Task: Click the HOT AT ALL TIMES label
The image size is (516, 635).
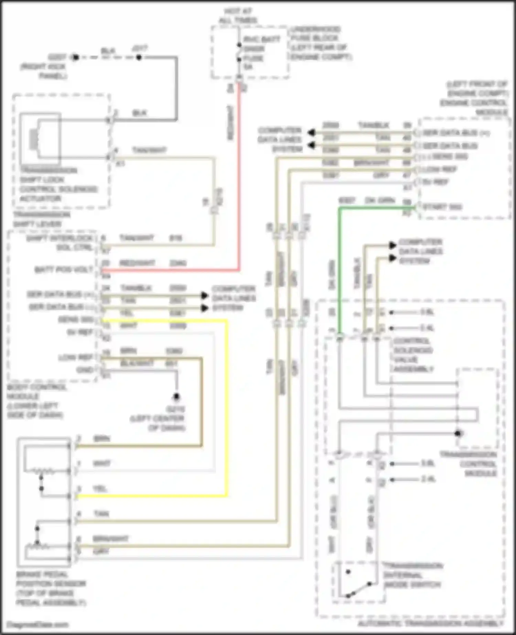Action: pyautogui.click(x=238, y=15)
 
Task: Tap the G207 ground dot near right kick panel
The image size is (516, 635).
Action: pyautogui.click(x=75, y=57)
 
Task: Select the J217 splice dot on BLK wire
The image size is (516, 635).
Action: pyautogui.click(x=139, y=57)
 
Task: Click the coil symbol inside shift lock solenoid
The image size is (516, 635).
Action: pyautogui.click(x=33, y=139)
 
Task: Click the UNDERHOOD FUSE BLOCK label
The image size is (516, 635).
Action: pyautogui.click(x=318, y=43)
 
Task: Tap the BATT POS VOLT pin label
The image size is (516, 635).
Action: pyautogui.click(x=64, y=269)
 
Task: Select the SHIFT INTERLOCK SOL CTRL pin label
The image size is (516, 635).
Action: pyautogui.click(x=60, y=243)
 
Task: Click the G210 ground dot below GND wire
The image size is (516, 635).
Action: pyautogui.click(x=176, y=397)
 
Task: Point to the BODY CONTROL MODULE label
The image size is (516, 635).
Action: pyautogui.click(x=36, y=401)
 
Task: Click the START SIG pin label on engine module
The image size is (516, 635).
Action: pyautogui.click(x=442, y=207)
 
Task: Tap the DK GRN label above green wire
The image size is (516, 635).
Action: pyautogui.click(x=380, y=200)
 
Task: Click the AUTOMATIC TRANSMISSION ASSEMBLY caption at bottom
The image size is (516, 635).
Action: pyautogui.click(x=430, y=623)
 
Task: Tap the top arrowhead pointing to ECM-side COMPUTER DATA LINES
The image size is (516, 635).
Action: pyautogui.click(x=311, y=132)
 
